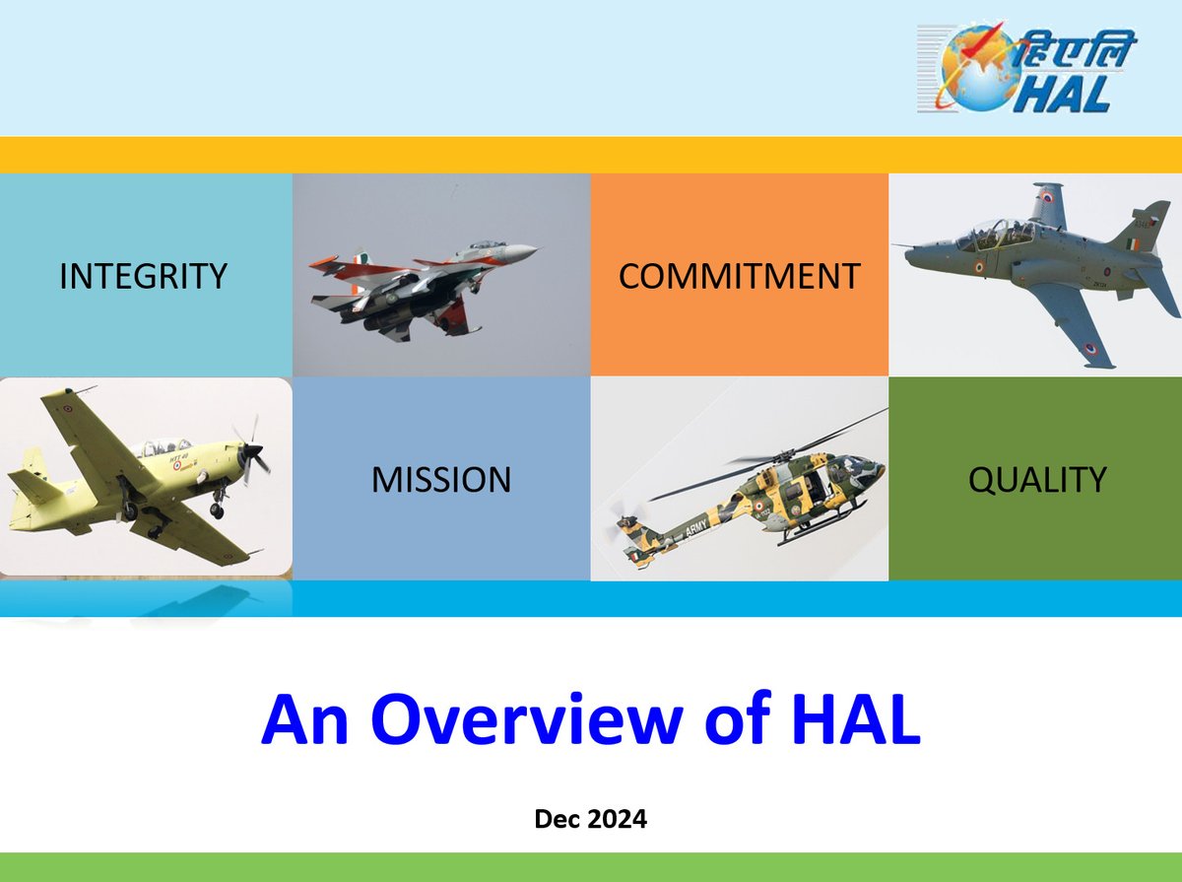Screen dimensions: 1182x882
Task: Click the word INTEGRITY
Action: click(143, 276)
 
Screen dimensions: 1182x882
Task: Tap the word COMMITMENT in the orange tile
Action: click(739, 276)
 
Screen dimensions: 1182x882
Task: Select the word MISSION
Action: click(441, 480)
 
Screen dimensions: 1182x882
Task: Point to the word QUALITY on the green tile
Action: click(1037, 479)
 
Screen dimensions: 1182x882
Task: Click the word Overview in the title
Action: click(527, 719)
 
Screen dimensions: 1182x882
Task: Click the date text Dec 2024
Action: click(591, 819)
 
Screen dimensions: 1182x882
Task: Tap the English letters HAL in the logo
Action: click(1064, 94)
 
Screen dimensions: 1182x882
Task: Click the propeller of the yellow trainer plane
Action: click(252, 451)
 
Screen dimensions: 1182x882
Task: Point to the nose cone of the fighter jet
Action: click(524, 250)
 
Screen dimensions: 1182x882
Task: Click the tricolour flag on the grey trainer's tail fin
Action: click(1133, 245)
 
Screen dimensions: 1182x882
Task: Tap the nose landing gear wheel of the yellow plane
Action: click(217, 510)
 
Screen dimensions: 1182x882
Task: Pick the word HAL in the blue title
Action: click(856, 719)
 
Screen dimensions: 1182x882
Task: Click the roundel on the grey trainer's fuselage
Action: click(979, 267)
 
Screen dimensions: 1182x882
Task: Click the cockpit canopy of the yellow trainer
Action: click(161, 446)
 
